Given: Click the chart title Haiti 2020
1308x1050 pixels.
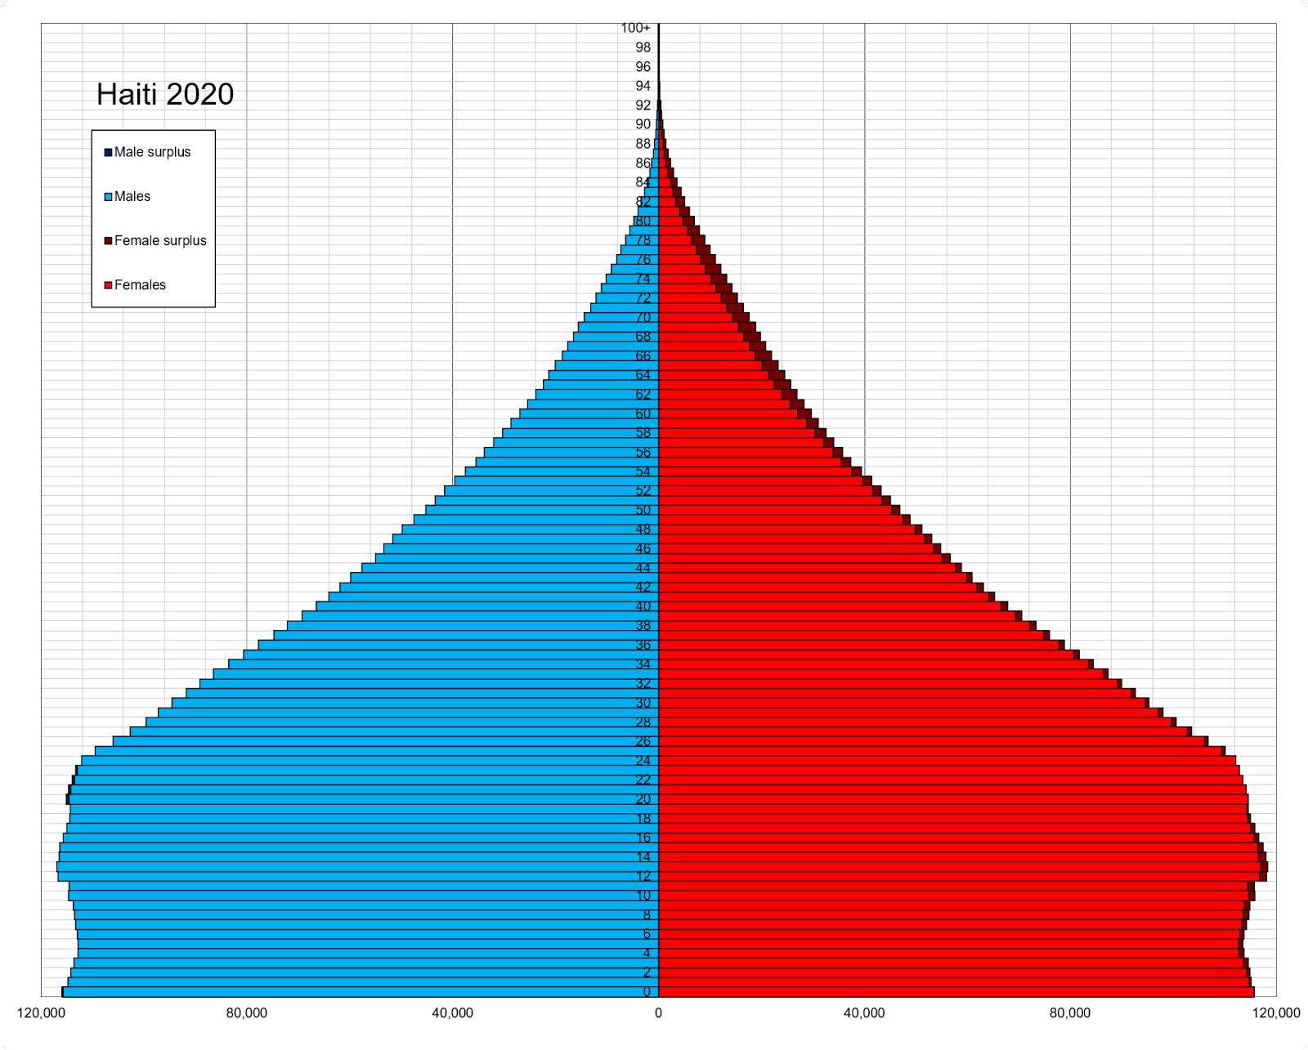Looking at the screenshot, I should pyautogui.click(x=165, y=95).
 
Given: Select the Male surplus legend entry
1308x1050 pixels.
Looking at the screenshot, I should pyautogui.click(x=152, y=152).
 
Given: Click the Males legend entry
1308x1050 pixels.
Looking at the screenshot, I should pyautogui.click(x=132, y=196).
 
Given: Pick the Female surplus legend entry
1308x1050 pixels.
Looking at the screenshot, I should pyautogui.click(x=160, y=240).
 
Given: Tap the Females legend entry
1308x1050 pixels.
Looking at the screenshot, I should pyautogui.click(x=140, y=284).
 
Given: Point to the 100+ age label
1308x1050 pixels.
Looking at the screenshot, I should pyautogui.click(x=635, y=28).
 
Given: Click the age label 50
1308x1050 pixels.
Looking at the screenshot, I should pyautogui.click(x=643, y=510).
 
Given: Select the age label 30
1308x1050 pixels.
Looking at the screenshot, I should pyautogui.click(x=643, y=703).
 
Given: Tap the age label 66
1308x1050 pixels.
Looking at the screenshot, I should pyautogui.click(x=643, y=355).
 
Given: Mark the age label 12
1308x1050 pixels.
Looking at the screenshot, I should pyautogui.click(x=643, y=876).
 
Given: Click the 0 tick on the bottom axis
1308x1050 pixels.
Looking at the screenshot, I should pyautogui.click(x=658, y=1013).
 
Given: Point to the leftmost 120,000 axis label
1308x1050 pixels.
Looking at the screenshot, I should pyautogui.click(x=41, y=1013).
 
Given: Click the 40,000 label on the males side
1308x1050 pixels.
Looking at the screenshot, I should pyautogui.click(x=452, y=1013).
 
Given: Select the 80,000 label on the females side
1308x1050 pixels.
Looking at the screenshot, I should pyautogui.click(x=1070, y=1013).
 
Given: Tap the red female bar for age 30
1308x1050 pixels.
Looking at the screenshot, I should pyautogui.click(x=899, y=703).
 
